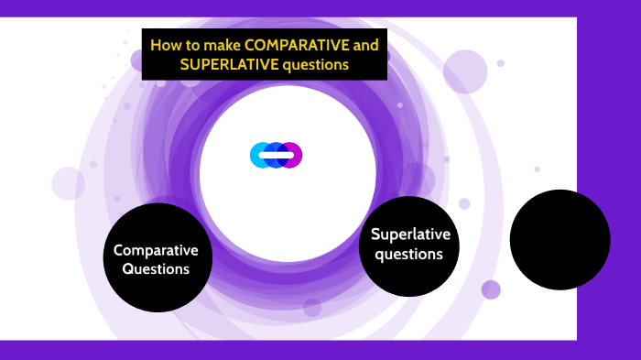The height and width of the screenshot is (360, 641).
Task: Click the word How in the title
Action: (165, 45)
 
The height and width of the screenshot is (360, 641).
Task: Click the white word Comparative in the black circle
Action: (157, 250)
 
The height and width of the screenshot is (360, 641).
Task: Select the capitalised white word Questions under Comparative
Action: (157, 269)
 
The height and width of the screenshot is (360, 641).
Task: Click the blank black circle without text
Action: (560, 239)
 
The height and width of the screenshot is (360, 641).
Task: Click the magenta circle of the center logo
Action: (292, 155)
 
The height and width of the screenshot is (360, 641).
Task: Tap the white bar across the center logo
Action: (276, 155)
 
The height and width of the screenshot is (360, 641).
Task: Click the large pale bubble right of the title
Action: (465, 71)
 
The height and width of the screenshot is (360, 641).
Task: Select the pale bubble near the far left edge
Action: (68, 183)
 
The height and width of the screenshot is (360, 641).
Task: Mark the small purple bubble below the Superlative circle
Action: (491, 289)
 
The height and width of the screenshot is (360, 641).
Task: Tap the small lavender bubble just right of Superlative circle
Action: (464, 203)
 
